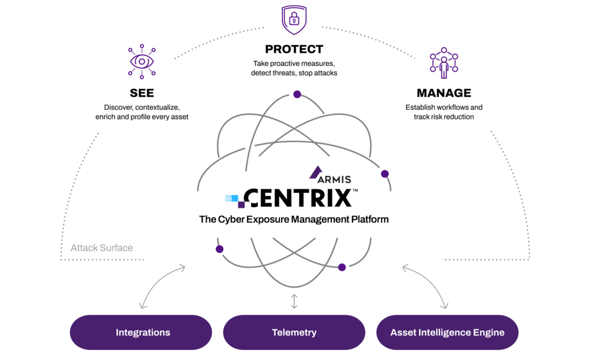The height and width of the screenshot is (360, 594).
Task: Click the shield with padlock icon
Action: (x=294, y=20)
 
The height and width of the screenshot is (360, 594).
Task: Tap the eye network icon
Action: (x=142, y=61)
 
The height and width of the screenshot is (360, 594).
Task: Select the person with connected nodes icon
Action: (x=444, y=63)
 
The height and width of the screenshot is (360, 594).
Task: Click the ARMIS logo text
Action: (x=334, y=179)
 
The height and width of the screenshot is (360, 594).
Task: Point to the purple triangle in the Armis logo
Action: (x=315, y=172)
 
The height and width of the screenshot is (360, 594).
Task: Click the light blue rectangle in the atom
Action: (x=232, y=198)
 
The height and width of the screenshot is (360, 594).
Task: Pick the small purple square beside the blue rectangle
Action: (x=242, y=205)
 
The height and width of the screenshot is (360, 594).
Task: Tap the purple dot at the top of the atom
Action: (x=297, y=94)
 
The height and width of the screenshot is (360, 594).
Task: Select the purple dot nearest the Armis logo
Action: (x=385, y=174)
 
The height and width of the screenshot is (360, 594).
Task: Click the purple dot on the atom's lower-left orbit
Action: (x=219, y=249)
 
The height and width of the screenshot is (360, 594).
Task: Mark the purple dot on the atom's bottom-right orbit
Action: (x=342, y=267)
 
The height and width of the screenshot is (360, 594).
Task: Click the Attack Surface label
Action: (x=101, y=248)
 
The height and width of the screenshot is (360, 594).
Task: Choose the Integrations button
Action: (x=143, y=332)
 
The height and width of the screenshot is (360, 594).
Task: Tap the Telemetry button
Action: (x=294, y=332)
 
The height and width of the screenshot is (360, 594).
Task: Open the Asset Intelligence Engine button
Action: (x=447, y=332)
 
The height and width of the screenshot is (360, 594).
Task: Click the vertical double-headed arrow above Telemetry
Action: (x=294, y=301)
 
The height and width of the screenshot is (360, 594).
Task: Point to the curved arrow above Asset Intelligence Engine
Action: (x=427, y=285)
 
